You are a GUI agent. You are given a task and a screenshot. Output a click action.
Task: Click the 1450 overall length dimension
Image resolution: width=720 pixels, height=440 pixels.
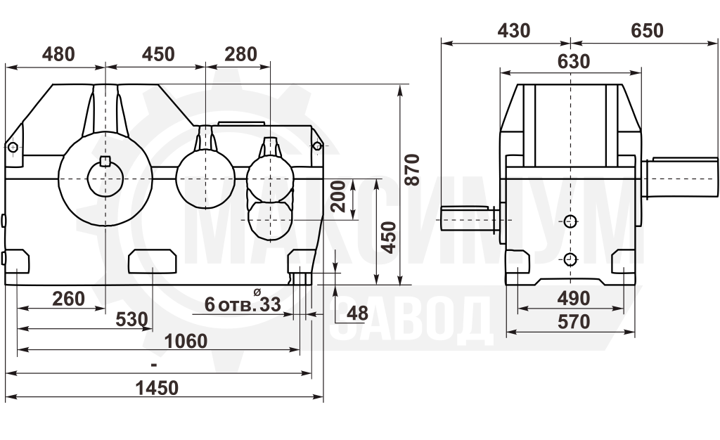(x=157, y=388)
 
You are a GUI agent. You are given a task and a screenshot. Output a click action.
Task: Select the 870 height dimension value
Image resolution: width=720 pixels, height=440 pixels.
(x=412, y=170)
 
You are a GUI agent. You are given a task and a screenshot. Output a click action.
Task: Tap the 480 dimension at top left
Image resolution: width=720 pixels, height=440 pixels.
(x=58, y=54)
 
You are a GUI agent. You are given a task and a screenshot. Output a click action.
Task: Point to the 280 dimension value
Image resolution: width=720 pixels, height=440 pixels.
(x=240, y=54)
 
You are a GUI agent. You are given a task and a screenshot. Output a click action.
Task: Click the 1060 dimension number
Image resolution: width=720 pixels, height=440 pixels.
(x=186, y=342)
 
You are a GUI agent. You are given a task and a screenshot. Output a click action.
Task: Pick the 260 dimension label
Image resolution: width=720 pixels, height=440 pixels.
(x=68, y=299)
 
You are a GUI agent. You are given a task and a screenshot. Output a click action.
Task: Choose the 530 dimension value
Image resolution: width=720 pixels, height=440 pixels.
(x=131, y=319)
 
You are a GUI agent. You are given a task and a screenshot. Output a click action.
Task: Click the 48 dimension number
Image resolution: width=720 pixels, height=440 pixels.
(x=357, y=313)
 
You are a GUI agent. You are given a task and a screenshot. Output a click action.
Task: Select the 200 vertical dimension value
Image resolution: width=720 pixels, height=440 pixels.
(x=338, y=196)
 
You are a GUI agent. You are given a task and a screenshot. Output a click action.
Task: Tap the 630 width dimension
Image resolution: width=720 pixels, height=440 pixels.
(x=574, y=61)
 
